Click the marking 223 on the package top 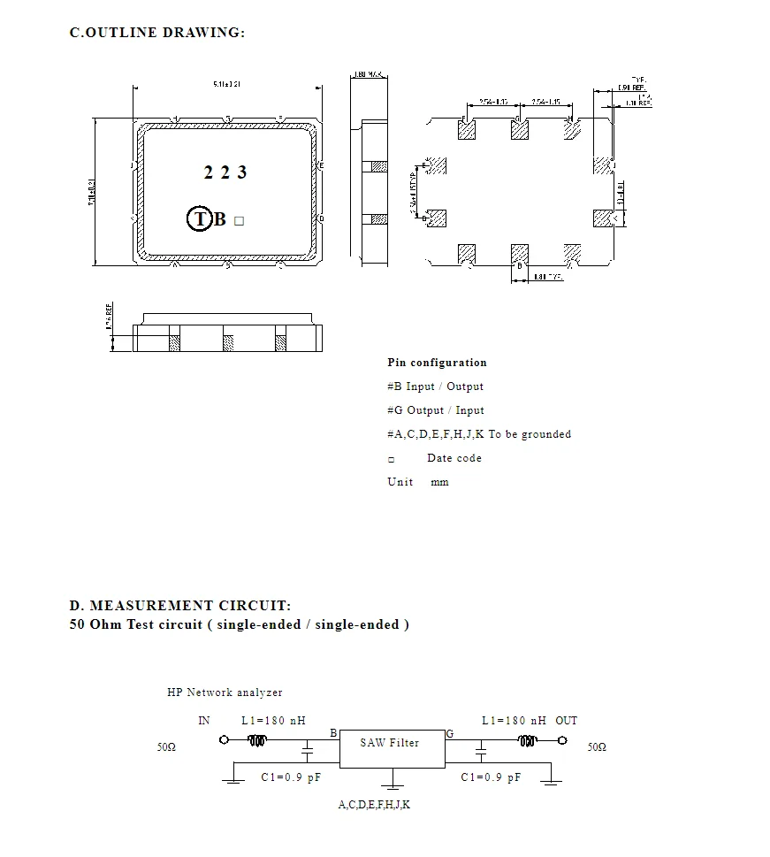225,172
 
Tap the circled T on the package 200,219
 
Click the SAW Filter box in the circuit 391,747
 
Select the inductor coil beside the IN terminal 257,742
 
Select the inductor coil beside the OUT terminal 529,742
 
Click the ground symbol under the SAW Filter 393,781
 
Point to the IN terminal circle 224,742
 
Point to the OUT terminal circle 561,742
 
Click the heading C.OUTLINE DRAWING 156,33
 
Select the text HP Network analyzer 225,692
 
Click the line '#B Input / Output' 435,386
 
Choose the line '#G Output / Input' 435,410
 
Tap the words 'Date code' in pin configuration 454,458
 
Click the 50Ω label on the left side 166,747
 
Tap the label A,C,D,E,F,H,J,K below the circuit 374,805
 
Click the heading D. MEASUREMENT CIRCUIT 179,606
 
